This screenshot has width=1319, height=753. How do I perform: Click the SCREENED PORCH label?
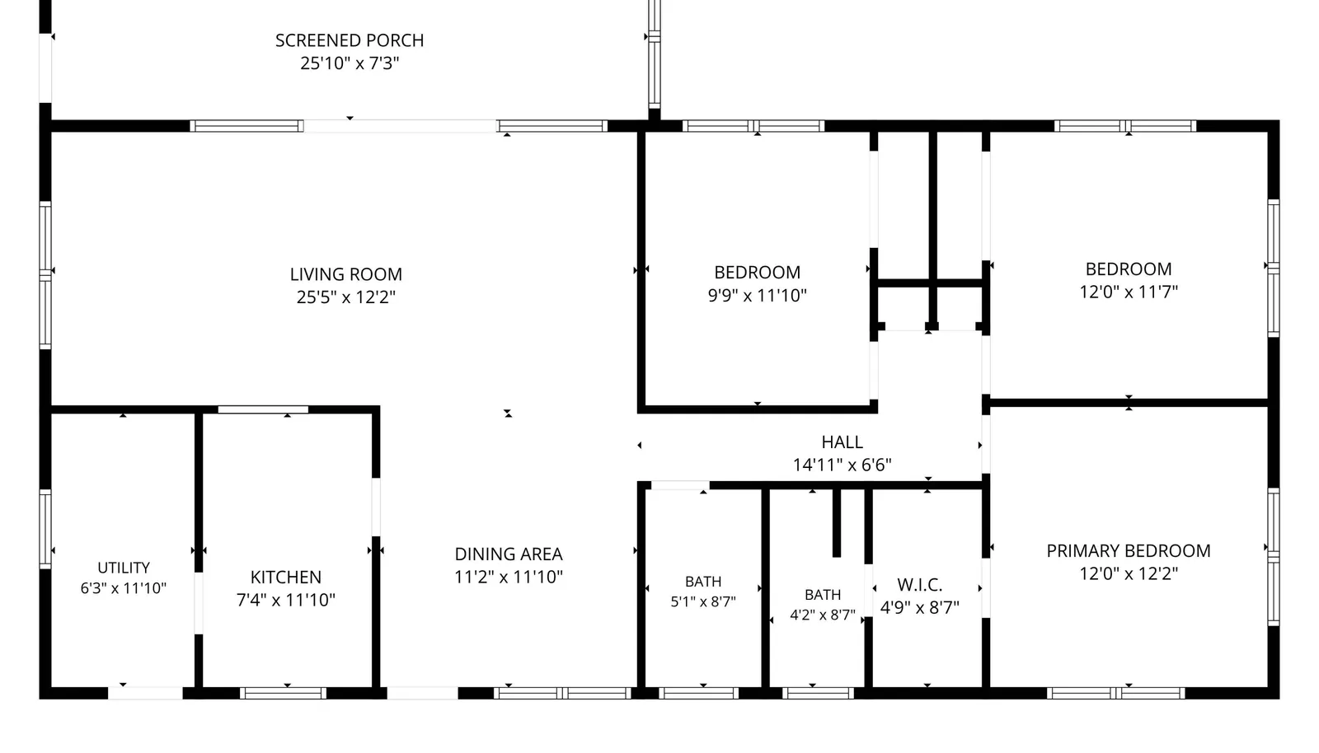(x=350, y=40)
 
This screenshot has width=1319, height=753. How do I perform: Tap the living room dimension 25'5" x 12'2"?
(x=345, y=297)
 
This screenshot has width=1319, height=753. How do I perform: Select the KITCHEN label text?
(x=285, y=577)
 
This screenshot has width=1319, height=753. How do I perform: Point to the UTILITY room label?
(x=123, y=568)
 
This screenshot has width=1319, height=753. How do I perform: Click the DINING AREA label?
(x=509, y=554)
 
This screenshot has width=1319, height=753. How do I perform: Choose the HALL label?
(x=842, y=442)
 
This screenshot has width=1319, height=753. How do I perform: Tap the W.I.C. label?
(x=920, y=585)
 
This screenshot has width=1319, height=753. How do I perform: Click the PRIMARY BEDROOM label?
(x=1129, y=551)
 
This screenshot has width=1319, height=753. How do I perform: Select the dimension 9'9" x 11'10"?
(x=758, y=295)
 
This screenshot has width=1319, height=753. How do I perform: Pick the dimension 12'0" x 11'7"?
(x=1129, y=292)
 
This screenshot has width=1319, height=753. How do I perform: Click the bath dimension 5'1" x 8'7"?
(x=703, y=601)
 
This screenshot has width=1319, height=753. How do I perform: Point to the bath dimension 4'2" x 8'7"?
(x=823, y=615)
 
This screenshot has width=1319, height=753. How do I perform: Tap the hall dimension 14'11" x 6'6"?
(x=842, y=465)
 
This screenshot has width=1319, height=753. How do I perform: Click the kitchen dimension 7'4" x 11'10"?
(x=285, y=600)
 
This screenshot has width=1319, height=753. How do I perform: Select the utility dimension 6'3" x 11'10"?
(x=123, y=588)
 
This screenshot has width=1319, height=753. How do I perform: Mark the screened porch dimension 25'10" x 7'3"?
(x=350, y=63)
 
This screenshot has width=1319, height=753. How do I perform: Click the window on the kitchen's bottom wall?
(x=283, y=694)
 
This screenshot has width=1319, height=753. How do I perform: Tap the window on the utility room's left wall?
(x=45, y=529)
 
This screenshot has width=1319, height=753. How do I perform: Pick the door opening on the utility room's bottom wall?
(x=145, y=694)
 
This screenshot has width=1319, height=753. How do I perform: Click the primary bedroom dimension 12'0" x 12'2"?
(x=1129, y=573)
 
